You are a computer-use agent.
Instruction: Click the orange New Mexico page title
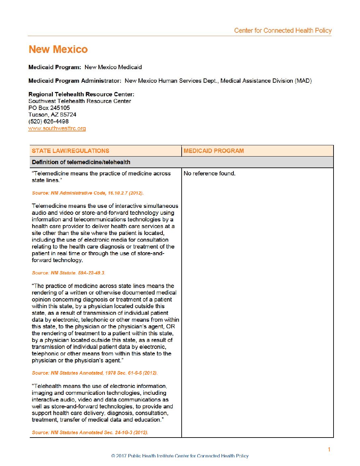[58, 50]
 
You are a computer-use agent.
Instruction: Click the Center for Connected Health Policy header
[283, 30]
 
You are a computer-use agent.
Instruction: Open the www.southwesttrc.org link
[57, 128]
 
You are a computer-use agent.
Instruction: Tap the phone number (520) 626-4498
[49, 121]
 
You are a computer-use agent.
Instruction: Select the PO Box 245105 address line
[49, 108]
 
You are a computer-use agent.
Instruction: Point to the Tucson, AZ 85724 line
[52, 115]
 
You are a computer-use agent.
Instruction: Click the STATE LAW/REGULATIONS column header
[70, 151]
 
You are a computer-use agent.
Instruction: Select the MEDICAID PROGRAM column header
[214, 151]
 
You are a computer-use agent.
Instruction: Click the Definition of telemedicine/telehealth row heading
[81, 162]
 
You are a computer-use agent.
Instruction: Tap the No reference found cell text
[209, 173]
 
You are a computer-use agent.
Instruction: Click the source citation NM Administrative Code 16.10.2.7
[88, 193]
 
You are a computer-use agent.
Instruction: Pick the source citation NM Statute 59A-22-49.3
[68, 273]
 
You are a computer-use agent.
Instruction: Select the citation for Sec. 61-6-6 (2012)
[95, 373]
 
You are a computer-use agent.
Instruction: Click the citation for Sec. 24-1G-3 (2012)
[90, 433]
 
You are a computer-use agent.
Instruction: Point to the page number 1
[329, 449]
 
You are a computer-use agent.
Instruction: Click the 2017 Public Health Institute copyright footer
[180, 456]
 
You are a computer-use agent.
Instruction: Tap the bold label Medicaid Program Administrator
[75, 81]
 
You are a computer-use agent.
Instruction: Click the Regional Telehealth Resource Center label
[81, 94]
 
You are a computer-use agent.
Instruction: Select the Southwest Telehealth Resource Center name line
[80, 101]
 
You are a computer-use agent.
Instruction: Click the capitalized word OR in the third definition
[170, 327]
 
